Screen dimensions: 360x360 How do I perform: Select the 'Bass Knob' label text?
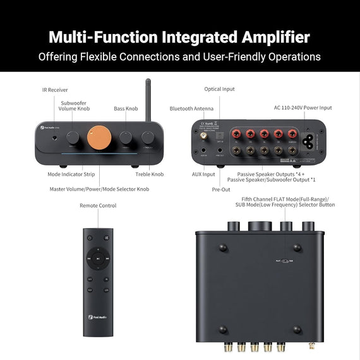coord(126,109)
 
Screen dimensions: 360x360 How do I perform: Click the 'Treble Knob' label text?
coord(149,174)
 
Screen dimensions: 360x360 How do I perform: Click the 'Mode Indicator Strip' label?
coord(71,174)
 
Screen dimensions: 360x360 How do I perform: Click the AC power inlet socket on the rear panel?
coord(312,141)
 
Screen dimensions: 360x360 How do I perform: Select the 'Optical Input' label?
coord(219,89)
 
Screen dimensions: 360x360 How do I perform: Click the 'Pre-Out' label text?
coord(221,189)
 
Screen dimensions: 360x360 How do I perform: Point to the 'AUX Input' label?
coord(203,174)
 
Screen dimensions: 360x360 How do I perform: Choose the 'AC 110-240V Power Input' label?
coord(303,108)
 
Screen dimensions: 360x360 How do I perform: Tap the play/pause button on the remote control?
coord(98,258)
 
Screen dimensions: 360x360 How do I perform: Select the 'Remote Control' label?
coord(98,205)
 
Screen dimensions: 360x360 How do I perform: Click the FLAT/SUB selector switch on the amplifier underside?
coord(282,260)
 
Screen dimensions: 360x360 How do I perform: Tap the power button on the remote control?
coord(90,237)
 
